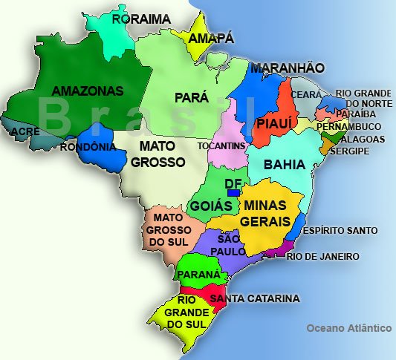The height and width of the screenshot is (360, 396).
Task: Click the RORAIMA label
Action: click(x=141, y=19)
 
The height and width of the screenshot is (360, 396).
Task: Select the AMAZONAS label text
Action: click(x=87, y=91)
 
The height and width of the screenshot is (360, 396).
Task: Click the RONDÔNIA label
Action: click(x=88, y=146)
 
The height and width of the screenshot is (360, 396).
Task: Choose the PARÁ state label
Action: click(x=192, y=97)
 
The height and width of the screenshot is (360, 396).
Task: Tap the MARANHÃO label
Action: click(x=287, y=68)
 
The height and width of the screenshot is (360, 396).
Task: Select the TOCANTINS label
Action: click(x=221, y=146)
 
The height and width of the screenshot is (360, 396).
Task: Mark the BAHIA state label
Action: click(x=284, y=163)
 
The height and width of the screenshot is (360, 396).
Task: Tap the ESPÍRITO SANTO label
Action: click(x=345, y=231)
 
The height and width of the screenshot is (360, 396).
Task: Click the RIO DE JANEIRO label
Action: click(x=323, y=257)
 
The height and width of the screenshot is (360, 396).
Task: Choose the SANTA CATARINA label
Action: click(x=255, y=298)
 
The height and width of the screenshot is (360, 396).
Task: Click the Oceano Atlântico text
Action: click(x=348, y=327)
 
